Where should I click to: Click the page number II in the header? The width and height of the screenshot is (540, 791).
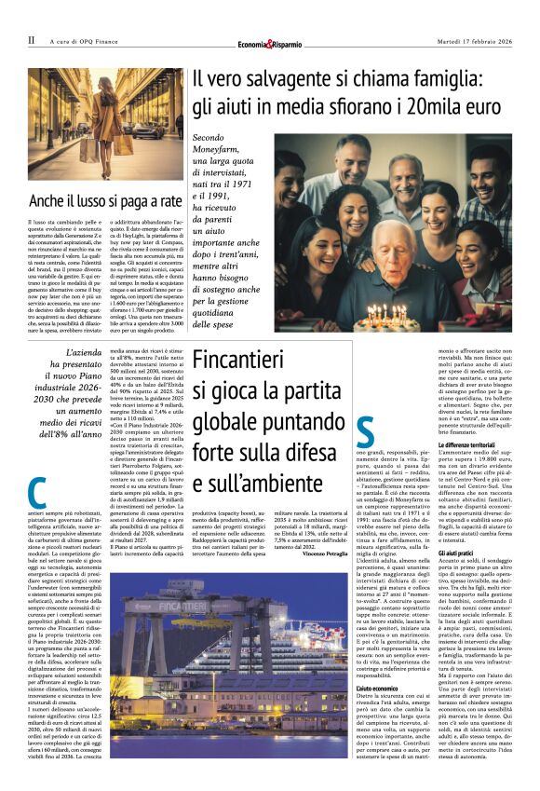coord(31,40)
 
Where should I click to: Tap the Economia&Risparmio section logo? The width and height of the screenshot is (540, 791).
coord(269,43)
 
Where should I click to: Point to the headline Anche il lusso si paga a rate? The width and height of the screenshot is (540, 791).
coord(105,200)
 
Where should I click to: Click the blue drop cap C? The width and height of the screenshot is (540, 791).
coord(37,491)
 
